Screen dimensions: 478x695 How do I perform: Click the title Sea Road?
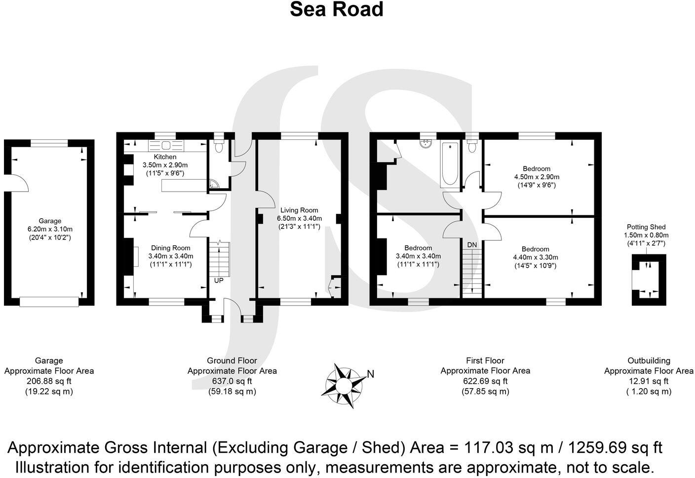point(336,10)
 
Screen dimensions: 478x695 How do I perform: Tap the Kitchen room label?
point(165,157)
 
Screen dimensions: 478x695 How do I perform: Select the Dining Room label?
point(170,248)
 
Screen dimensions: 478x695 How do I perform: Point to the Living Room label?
point(299,210)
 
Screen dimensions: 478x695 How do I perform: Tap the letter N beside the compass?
point(371,374)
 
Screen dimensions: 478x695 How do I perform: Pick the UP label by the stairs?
point(219,280)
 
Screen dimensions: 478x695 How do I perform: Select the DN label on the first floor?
point(472,245)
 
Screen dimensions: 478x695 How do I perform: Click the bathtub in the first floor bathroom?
point(449,164)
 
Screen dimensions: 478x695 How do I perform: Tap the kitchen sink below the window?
point(165,146)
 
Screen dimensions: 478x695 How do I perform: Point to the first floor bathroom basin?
point(426,144)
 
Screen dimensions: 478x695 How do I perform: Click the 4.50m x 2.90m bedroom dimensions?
point(537,177)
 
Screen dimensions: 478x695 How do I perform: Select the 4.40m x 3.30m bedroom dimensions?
point(536,257)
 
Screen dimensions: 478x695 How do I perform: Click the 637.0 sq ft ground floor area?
point(232,381)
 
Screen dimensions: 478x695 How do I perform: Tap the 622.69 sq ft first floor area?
point(485,381)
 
